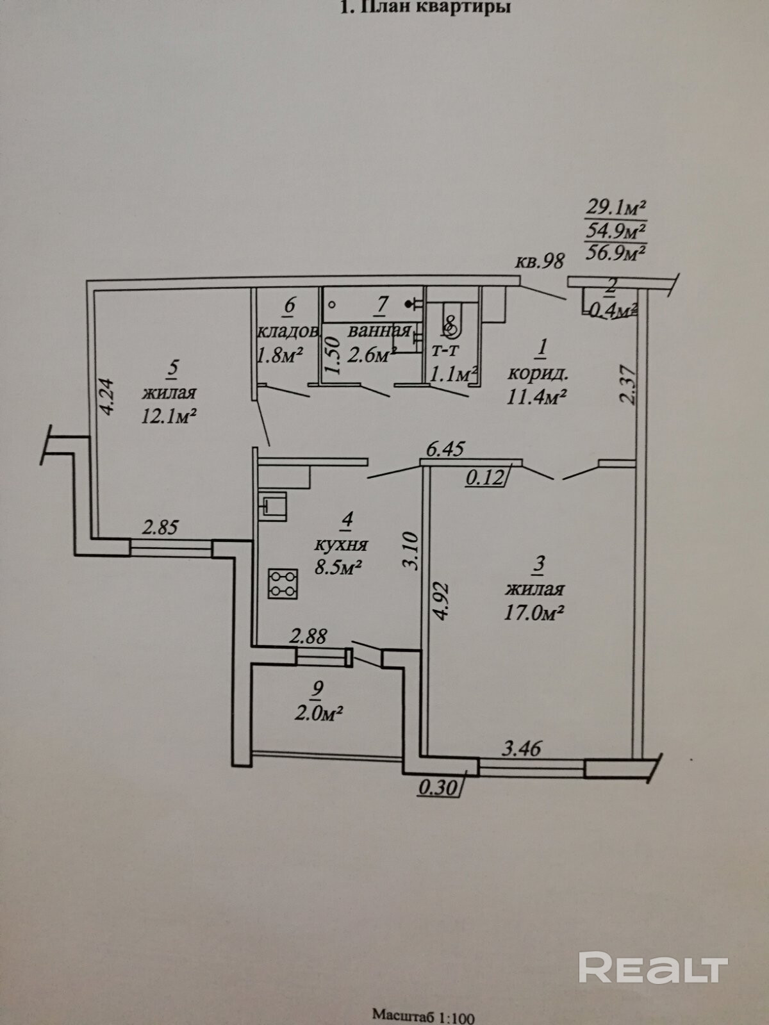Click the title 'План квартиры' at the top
pyautogui.click(x=435, y=8)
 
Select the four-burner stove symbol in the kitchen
pyautogui.click(x=283, y=584)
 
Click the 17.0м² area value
pyautogui.click(x=534, y=613)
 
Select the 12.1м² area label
pyautogui.click(x=168, y=416)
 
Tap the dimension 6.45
pyautogui.click(x=445, y=449)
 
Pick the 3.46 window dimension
pyautogui.click(x=520, y=748)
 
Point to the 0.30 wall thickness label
pyautogui.click(x=438, y=785)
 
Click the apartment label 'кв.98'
pyautogui.click(x=541, y=261)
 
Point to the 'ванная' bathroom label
pyautogui.click(x=379, y=331)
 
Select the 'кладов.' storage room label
pyautogui.click(x=288, y=331)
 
